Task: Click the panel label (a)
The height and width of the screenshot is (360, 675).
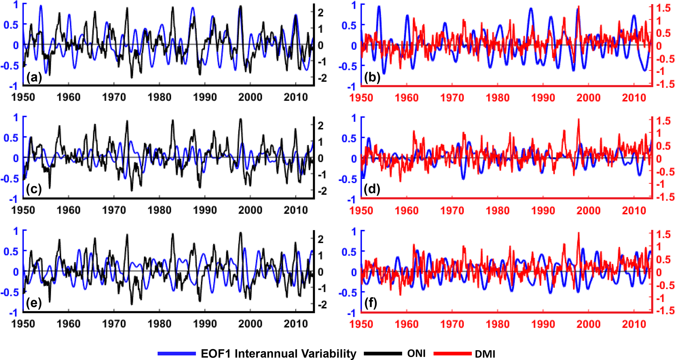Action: coord(34,78)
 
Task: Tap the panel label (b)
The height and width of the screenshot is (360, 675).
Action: coord(372,78)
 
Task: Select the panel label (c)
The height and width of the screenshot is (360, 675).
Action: coord(34,190)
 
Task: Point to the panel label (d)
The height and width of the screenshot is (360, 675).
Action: coord(372,190)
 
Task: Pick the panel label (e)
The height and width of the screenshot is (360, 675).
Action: coord(34,303)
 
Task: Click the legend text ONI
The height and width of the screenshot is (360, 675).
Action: coord(416,353)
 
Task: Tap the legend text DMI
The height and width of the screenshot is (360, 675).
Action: coord(485,354)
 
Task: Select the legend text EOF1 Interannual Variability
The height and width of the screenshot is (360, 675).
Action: coord(278,354)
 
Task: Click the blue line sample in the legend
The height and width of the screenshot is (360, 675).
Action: coord(176,353)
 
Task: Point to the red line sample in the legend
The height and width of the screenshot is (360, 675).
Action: coord(452,353)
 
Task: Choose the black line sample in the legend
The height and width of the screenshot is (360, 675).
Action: coord(383,353)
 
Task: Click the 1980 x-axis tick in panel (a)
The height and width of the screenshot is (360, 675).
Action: coord(159,97)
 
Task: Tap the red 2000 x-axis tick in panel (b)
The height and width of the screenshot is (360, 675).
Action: coord(588,98)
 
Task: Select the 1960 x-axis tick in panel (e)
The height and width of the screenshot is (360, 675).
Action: coord(69,324)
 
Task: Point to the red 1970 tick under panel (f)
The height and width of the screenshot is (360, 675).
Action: coord(452,324)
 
